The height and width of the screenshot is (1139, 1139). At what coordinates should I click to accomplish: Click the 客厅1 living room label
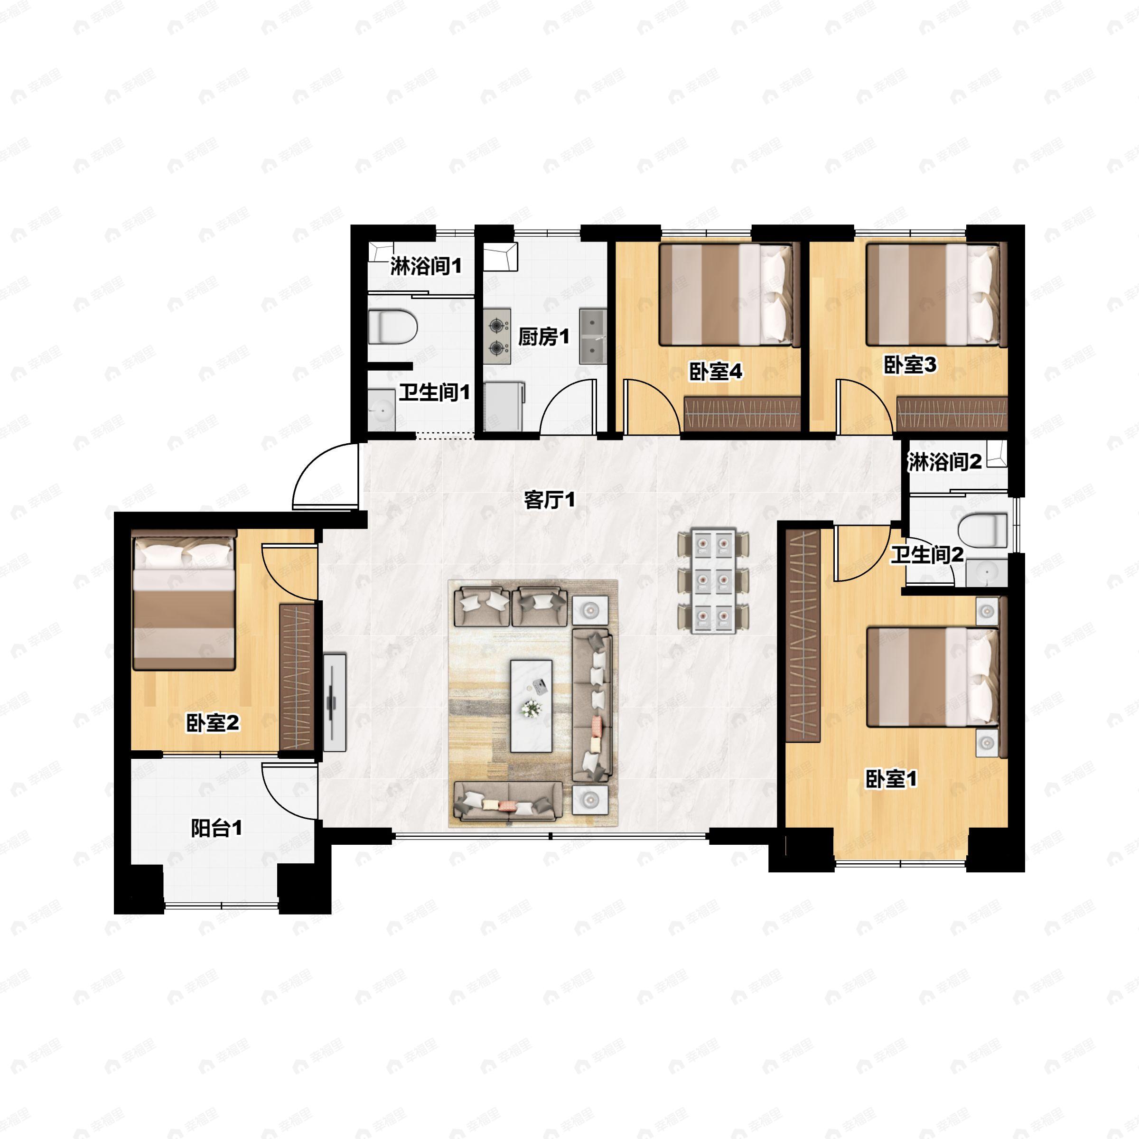point(549,501)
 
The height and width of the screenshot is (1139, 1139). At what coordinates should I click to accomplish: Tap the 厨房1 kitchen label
point(543,337)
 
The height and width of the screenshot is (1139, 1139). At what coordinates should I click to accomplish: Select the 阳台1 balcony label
point(216,828)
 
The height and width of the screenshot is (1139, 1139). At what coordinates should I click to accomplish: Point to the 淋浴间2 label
point(944,462)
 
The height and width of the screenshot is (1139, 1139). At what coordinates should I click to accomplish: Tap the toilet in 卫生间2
point(982,530)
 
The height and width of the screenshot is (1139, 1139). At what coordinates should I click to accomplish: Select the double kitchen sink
point(592,336)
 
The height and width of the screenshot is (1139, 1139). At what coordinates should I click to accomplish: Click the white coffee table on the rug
point(531,706)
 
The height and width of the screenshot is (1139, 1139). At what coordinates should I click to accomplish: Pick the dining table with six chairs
point(713,581)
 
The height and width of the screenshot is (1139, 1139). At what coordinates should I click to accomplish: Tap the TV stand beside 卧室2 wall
point(334,701)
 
